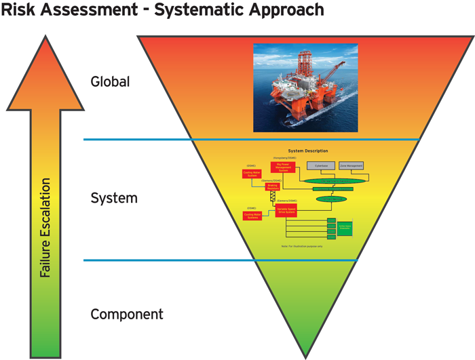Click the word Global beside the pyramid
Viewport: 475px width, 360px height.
pos(110,82)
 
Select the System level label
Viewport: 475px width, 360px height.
pos(114,199)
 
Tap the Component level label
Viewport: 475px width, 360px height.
pos(127,315)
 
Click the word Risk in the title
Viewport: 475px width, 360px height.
pos(18,11)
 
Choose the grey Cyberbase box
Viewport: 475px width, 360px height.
pos(320,165)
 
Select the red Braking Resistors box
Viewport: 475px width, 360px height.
pos(273,186)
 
